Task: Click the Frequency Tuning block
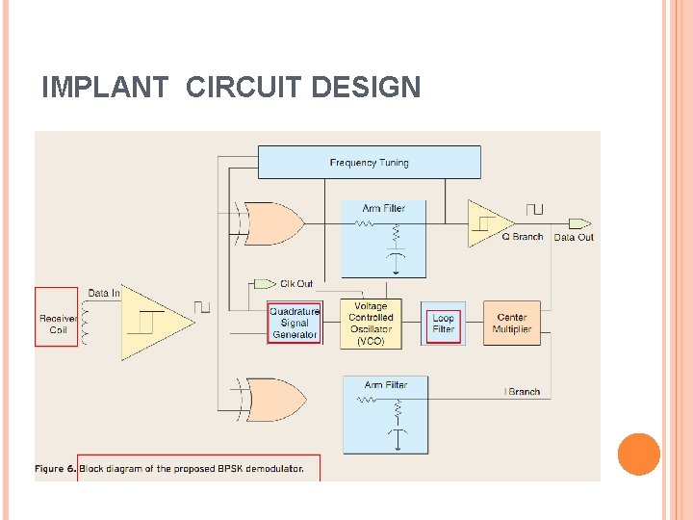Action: [x=369, y=162]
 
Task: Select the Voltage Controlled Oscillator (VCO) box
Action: [x=371, y=323]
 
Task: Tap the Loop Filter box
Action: [x=443, y=324]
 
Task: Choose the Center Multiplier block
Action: [x=511, y=323]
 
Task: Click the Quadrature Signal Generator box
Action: [x=294, y=324]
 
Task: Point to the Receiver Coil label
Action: [x=58, y=324]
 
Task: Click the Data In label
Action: [x=104, y=293]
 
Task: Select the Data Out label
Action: [x=574, y=237]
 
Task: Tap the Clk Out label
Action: [x=296, y=283]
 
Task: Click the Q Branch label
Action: [x=522, y=237]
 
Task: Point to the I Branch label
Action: [x=523, y=392]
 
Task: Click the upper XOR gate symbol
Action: [x=273, y=223]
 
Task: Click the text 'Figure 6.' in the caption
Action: [x=55, y=469]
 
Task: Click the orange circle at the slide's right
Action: [x=638, y=455]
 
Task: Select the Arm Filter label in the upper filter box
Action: [x=384, y=208]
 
